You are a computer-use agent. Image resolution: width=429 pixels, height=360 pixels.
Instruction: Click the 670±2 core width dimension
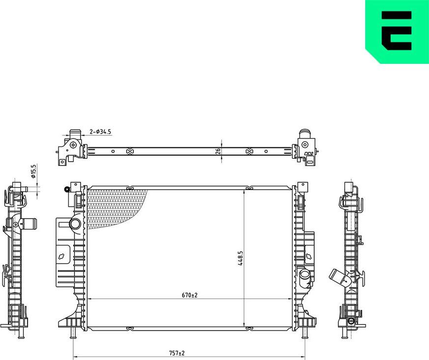[189, 295]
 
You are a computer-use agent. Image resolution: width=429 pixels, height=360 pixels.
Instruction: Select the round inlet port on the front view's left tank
[75, 224]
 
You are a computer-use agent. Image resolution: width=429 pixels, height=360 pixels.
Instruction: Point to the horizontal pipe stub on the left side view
[29, 225]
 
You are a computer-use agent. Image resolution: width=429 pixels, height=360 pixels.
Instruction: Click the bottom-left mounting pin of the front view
[73, 334]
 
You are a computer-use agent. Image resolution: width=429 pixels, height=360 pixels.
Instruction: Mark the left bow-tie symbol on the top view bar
[130, 151]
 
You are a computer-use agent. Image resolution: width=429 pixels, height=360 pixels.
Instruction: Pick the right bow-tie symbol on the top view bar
[248, 151]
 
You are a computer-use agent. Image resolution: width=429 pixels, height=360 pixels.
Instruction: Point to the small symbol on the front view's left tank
[62, 256]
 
